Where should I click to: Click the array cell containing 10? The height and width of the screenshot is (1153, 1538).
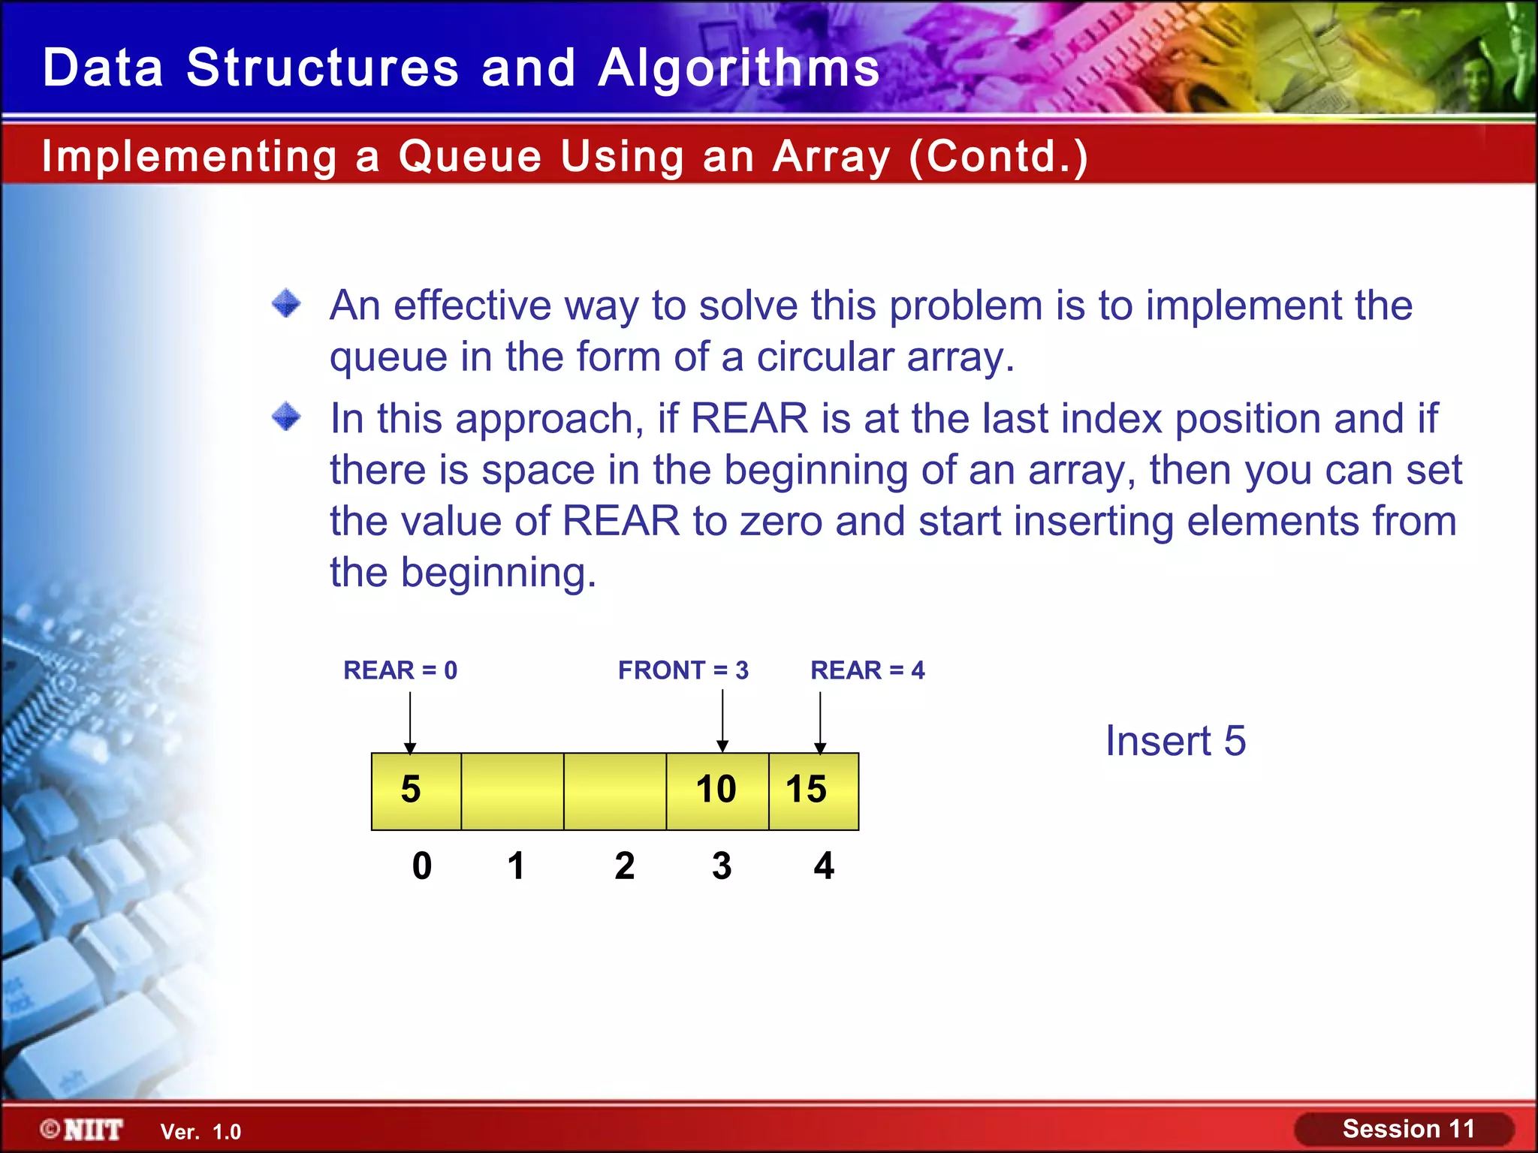pyautogui.click(x=717, y=790)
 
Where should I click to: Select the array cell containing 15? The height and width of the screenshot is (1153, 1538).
pyautogui.click(x=813, y=790)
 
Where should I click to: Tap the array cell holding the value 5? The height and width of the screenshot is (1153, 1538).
pyautogui.click(x=416, y=790)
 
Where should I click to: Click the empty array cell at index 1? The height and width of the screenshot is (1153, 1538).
pyautogui.click(x=512, y=791)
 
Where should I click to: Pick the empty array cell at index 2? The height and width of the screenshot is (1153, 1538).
pyautogui.click(x=615, y=791)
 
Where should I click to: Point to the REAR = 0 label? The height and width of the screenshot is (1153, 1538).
pyautogui.click(x=400, y=670)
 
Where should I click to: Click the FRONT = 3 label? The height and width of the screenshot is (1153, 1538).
pyautogui.click(x=683, y=670)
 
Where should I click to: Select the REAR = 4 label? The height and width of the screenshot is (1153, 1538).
pyautogui.click(x=867, y=670)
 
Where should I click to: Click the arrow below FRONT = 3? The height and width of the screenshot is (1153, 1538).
pyautogui.click(x=722, y=721)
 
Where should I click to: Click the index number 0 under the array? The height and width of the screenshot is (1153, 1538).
pyautogui.click(x=422, y=866)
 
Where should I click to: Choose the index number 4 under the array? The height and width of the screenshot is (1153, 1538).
pyautogui.click(x=824, y=866)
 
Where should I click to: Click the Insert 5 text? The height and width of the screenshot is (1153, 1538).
pyautogui.click(x=1175, y=741)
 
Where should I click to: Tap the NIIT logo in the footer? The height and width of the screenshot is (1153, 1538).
pyautogui.click(x=83, y=1130)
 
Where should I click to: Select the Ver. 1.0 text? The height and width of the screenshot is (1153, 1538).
pyautogui.click(x=201, y=1132)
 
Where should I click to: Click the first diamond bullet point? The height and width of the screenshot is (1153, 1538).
pyautogui.click(x=286, y=304)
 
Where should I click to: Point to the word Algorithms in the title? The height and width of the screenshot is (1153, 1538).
pyautogui.click(x=739, y=68)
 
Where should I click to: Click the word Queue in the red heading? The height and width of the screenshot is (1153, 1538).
pyautogui.click(x=470, y=156)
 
